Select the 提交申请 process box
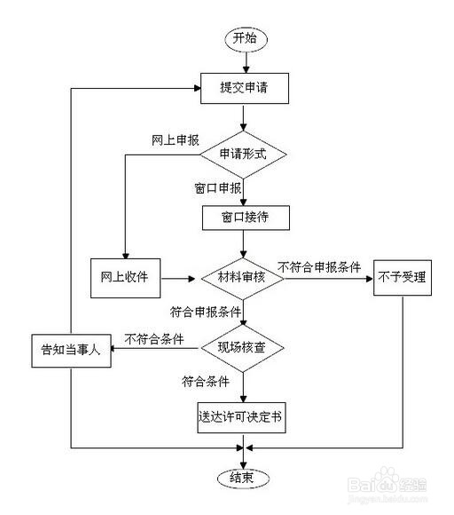243,88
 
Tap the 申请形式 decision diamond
243,154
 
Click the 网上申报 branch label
176,140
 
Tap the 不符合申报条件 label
318,265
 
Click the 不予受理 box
402,277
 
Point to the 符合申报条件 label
206,313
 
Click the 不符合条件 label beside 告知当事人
154,338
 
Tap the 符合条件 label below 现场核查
206,383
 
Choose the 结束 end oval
243,478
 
